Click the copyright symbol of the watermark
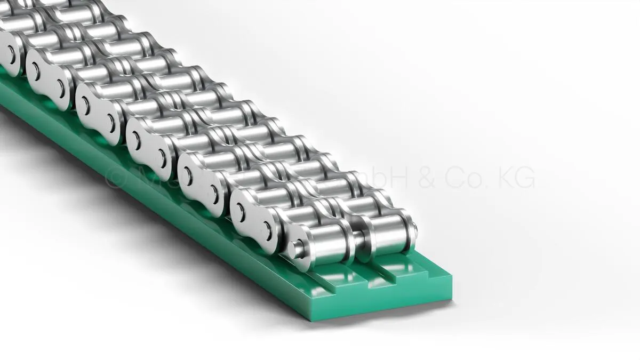tap(114, 178)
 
